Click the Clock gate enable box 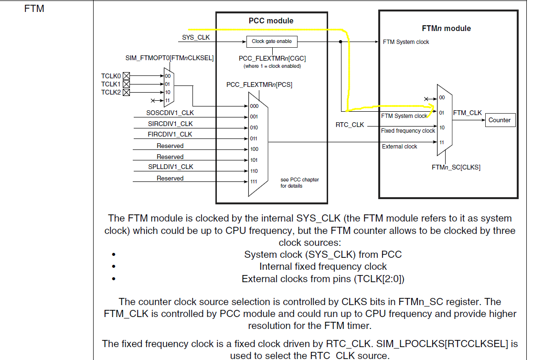pos(272,42)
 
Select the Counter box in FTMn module pos(499,120)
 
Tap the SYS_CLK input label pos(196,37)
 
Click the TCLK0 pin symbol pos(127,75)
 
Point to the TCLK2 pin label pos(111,92)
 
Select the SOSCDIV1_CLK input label pos(170,113)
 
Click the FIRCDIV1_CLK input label pos(170,134)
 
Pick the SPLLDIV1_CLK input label pos(170,167)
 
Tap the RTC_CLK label pos(350,125)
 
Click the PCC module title pos(271,21)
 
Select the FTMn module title pos(447,29)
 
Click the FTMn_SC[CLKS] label pos(456,168)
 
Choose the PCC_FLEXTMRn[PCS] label pos(259,85)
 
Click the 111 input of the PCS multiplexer pos(254,181)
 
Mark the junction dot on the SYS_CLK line pos(340,42)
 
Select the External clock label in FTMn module pos(399,147)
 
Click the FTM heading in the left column pos(34,9)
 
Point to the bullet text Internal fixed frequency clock pos(323,266)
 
